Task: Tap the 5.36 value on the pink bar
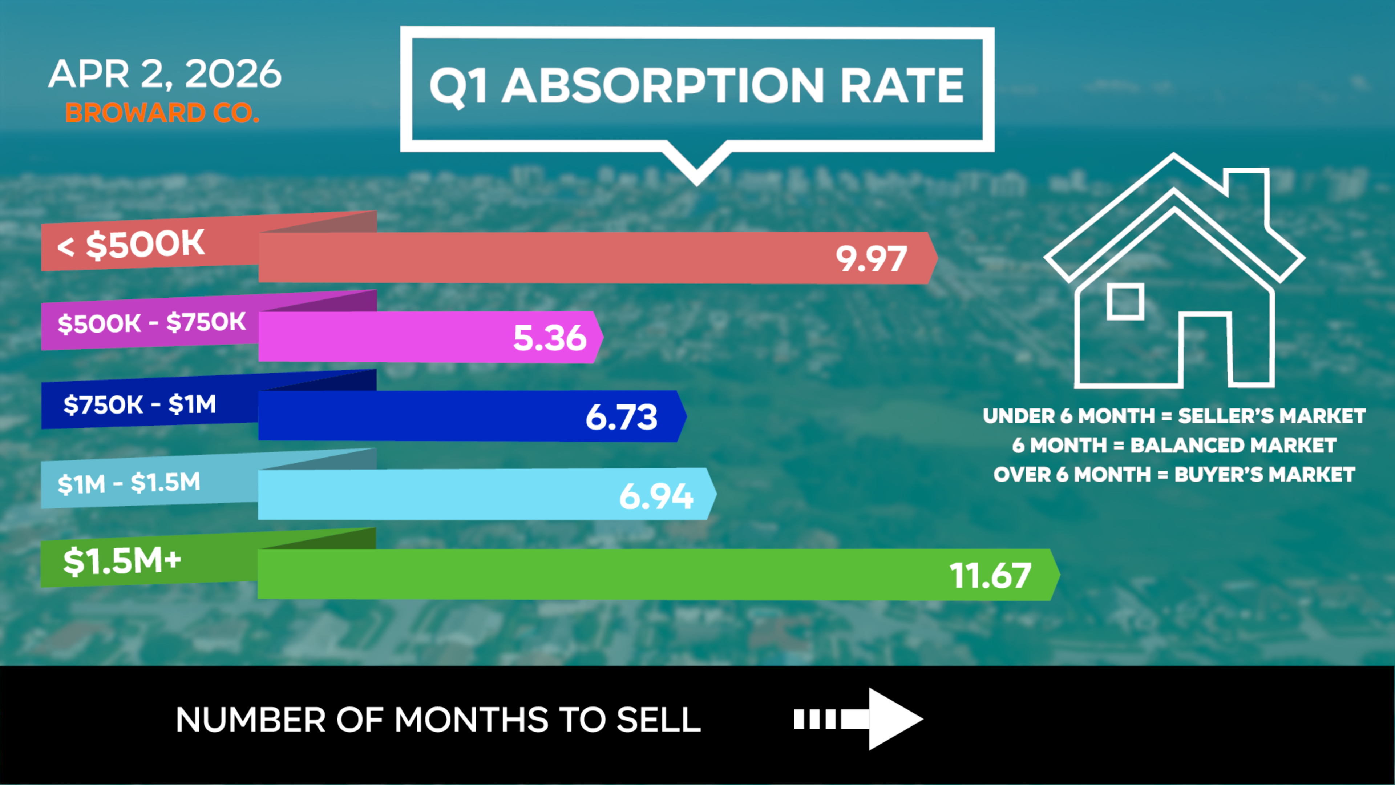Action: click(x=550, y=338)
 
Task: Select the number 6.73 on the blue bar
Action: click(x=622, y=417)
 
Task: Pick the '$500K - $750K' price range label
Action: click(x=151, y=323)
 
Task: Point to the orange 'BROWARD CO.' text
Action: click(x=162, y=113)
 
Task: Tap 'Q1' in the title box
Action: click(x=458, y=87)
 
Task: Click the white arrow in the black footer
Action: click(x=858, y=720)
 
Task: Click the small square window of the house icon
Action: click(x=1125, y=301)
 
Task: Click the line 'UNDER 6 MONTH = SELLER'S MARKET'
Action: click(x=1174, y=416)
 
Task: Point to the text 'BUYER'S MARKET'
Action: click(x=1265, y=475)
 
